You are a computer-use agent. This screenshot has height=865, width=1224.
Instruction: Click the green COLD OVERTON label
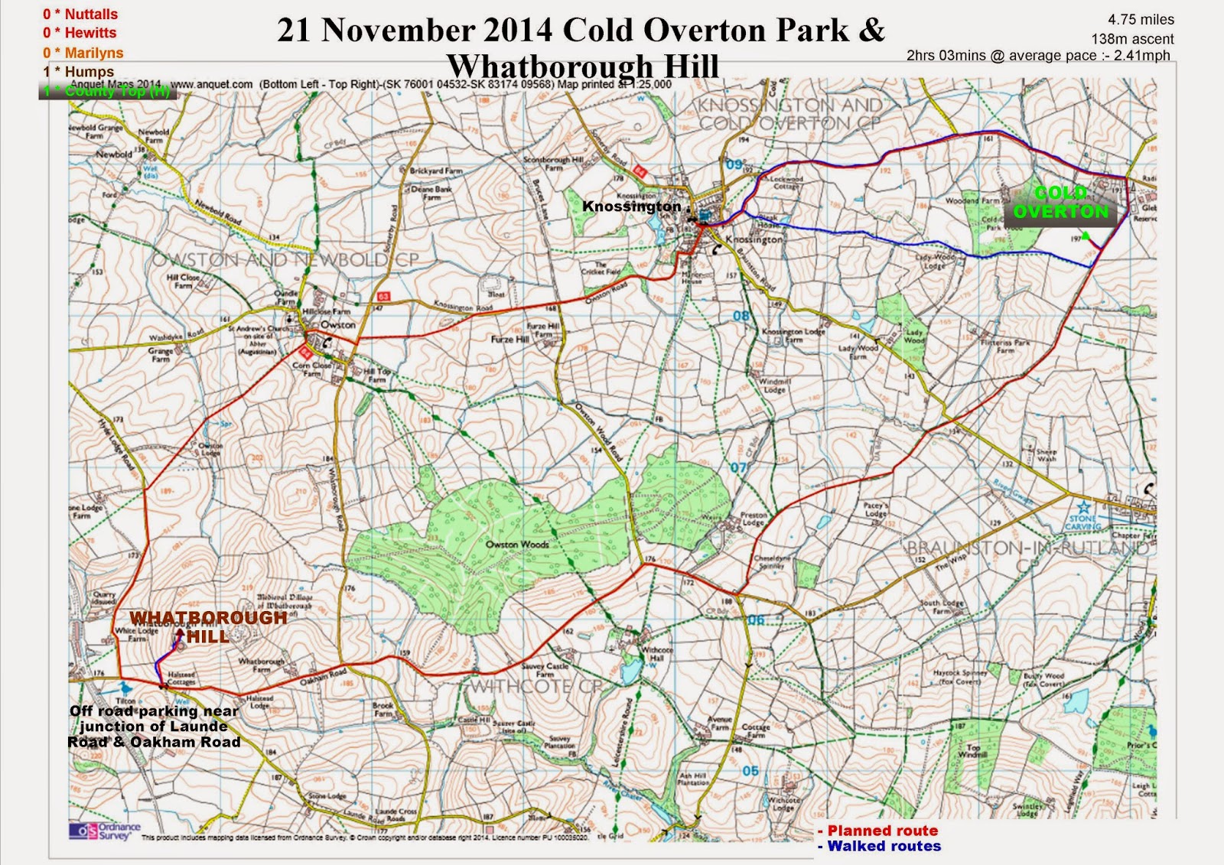click(x=1060, y=203)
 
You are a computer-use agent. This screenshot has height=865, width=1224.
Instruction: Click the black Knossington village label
click(x=631, y=206)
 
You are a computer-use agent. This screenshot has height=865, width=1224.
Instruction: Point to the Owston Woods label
click(x=517, y=545)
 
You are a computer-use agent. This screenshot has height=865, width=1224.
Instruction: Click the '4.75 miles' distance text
click(x=1141, y=20)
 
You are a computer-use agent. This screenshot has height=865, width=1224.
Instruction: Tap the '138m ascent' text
click(x=1132, y=38)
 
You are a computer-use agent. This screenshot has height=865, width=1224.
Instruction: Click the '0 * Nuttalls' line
click(x=80, y=15)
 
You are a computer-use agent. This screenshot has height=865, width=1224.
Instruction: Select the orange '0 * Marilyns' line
click(x=83, y=53)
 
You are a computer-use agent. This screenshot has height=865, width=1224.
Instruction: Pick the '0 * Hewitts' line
click(x=80, y=33)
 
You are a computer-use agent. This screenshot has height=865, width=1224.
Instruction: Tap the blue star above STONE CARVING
click(x=1083, y=506)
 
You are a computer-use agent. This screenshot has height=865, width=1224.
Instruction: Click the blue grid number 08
click(x=741, y=316)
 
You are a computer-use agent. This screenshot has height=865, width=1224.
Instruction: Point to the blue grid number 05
click(x=750, y=771)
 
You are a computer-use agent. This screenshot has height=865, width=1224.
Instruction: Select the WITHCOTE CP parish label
click(x=535, y=686)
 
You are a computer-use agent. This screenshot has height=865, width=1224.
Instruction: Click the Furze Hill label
click(x=509, y=339)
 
